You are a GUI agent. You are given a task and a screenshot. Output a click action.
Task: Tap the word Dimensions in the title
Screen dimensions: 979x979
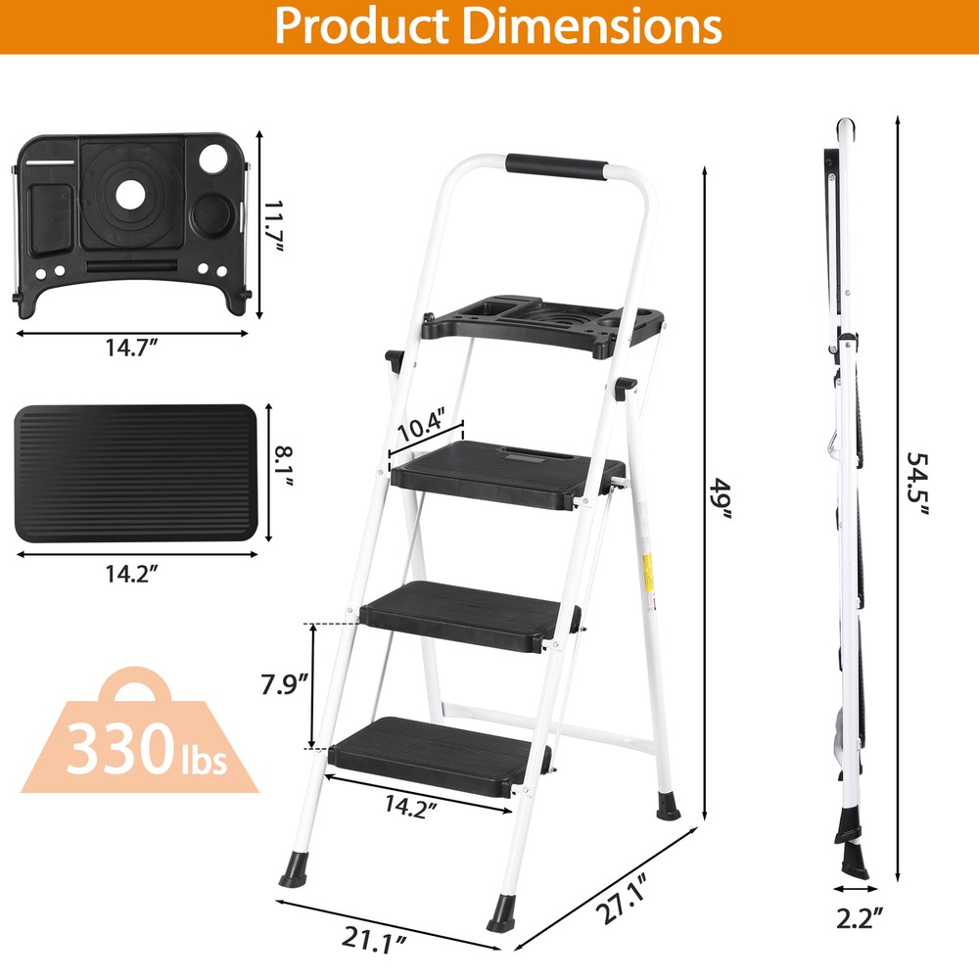(593, 26)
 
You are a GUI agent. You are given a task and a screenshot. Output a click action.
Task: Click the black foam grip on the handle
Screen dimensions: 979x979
(556, 165)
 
